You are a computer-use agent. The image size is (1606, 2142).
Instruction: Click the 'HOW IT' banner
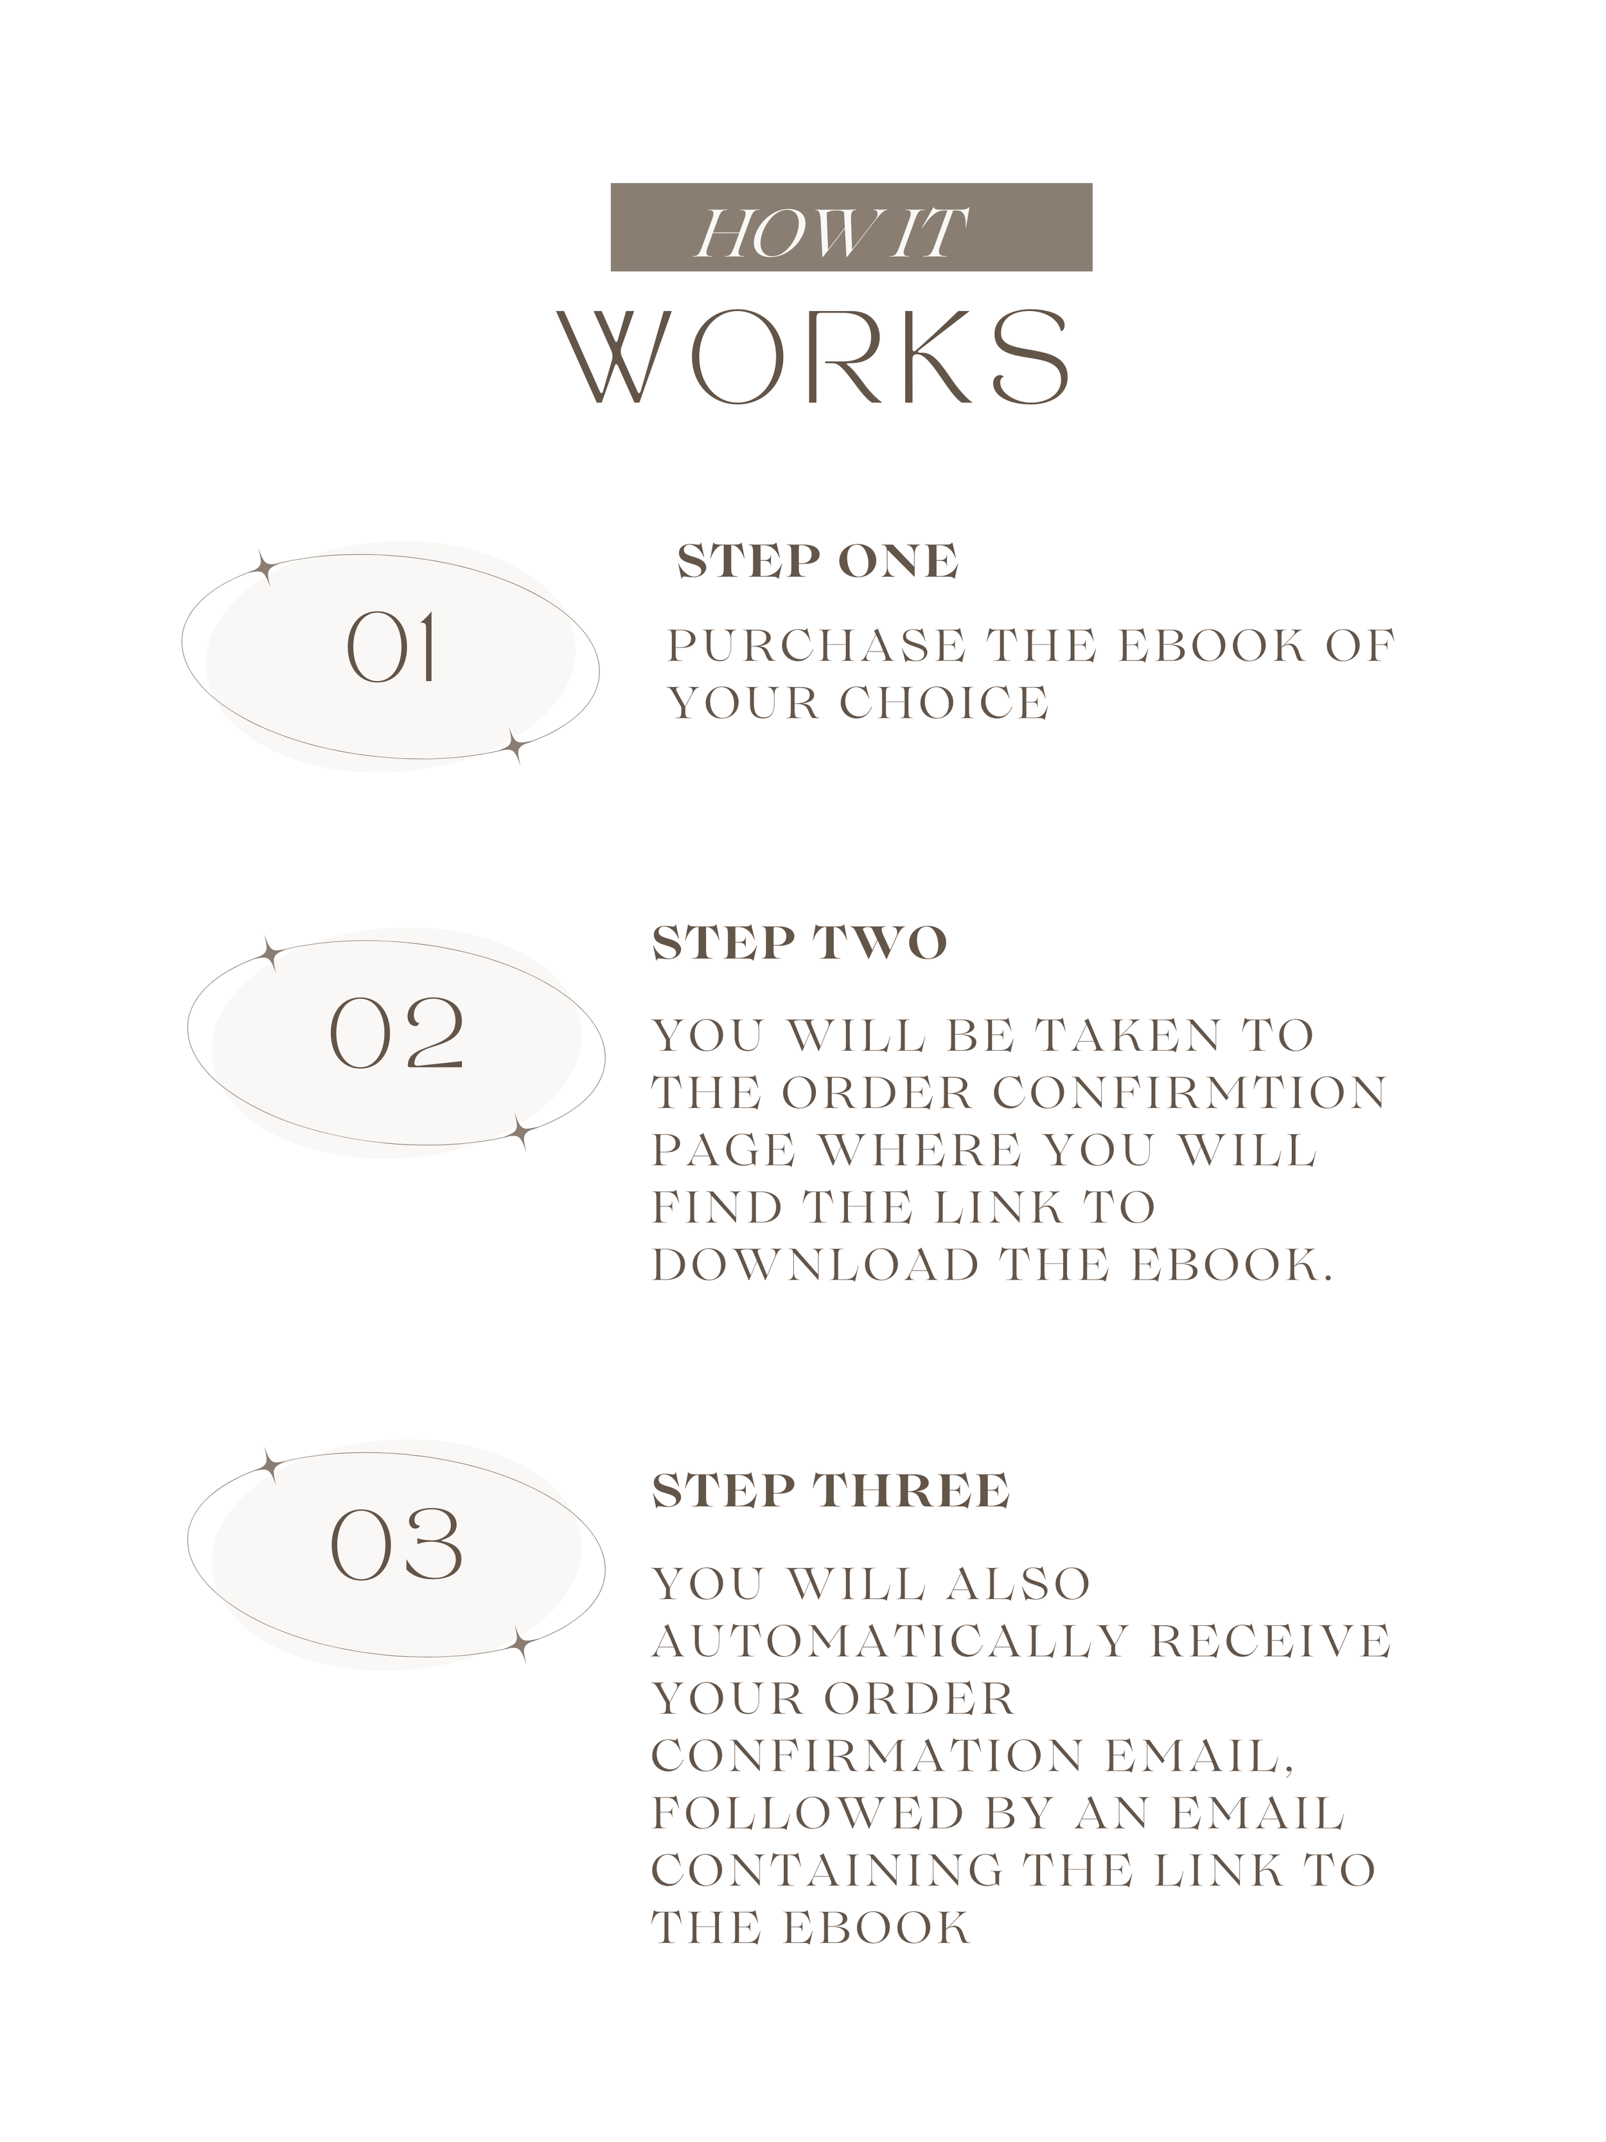pos(851,227)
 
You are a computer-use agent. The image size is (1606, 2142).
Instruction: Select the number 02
pos(397,1033)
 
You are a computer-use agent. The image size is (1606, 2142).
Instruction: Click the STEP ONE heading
pos(818,562)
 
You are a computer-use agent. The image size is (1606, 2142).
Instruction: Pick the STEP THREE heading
pos(831,1490)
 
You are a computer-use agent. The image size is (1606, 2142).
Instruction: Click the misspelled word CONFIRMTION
pos(1190,1093)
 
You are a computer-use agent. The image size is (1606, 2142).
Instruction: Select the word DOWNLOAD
pos(816,1265)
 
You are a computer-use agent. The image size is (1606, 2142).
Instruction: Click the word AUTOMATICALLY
pos(890,1641)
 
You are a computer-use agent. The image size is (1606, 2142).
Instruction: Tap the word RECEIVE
pos(1270,1641)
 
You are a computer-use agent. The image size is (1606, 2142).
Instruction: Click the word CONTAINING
pos(827,1871)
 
